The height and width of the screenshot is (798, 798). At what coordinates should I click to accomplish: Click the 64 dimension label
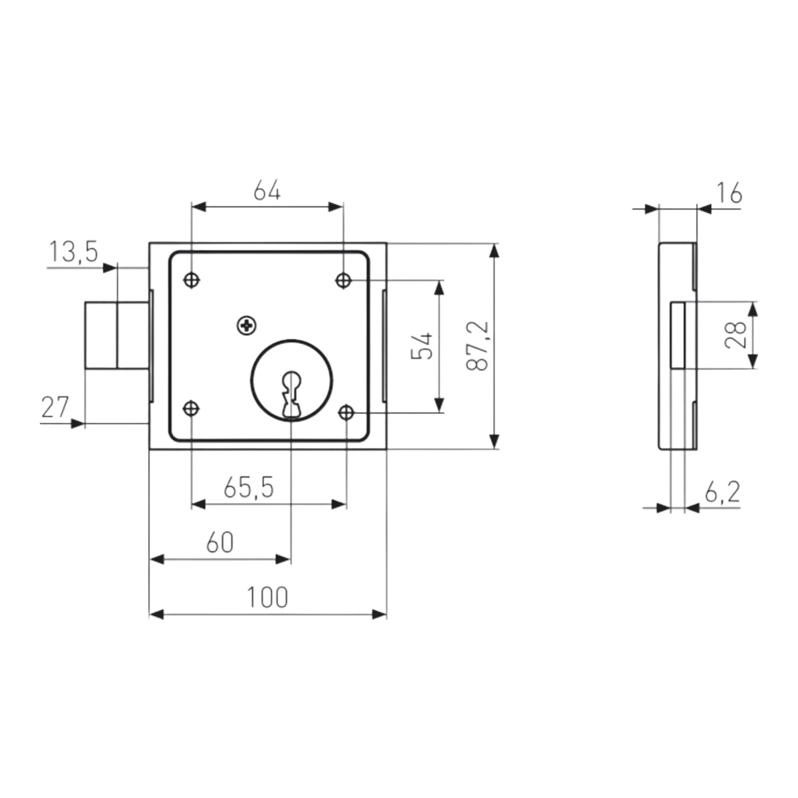(x=267, y=191)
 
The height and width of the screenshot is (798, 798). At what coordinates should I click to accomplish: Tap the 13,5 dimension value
(x=73, y=251)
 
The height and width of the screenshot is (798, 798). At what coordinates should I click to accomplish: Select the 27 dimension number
(x=55, y=407)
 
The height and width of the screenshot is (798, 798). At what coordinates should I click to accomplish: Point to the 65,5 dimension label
(x=249, y=487)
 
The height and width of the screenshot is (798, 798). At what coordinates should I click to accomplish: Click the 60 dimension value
(x=220, y=543)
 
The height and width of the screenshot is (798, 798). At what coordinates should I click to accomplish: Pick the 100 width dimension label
(x=268, y=598)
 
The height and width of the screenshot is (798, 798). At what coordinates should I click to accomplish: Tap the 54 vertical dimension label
(x=422, y=346)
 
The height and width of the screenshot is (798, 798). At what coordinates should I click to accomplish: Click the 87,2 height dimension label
(x=478, y=346)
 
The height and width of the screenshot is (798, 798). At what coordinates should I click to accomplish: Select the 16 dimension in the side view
(x=729, y=193)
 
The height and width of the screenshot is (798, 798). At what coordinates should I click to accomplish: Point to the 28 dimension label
(x=736, y=335)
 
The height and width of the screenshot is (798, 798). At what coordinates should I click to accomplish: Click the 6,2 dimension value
(x=723, y=492)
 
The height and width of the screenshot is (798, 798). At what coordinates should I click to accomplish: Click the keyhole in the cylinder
(x=292, y=394)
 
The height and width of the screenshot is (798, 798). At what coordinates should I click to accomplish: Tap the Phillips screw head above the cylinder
(x=246, y=326)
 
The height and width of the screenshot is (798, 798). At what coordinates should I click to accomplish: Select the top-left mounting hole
(x=192, y=280)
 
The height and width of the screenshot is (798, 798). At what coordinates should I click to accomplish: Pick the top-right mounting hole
(x=343, y=280)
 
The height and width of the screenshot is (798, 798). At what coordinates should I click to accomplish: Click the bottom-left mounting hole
(x=192, y=408)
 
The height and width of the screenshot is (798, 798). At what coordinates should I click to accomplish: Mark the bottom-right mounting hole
(x=346, y=413)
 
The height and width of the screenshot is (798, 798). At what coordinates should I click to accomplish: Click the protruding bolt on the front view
(x=117, y=335)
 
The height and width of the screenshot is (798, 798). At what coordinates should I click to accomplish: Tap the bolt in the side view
(x=678, y=335)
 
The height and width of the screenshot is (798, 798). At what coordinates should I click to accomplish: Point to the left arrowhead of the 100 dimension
(x=157, y=614)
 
